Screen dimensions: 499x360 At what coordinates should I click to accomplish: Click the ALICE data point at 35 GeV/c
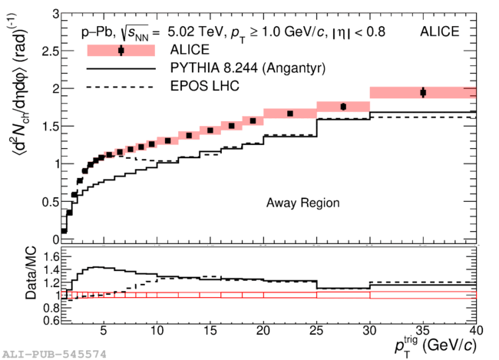pyautogui.click(x=423, y=93)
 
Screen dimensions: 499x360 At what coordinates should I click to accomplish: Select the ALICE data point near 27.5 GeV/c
pyautogui.click(x=343, y=107)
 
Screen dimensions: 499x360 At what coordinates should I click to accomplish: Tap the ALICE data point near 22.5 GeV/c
pyautogui.click(x=290, y=114)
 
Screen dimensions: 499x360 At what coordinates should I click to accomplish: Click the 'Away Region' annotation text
pyautogui.click(x=302, y=203)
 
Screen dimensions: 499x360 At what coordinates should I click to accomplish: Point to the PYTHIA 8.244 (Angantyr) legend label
pyautogui.click(x=248, y=68)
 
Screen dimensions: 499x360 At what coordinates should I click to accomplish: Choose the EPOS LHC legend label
pyautogui.click(x=205, y=86)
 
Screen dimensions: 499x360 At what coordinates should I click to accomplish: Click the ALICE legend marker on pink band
pyautogui.click(x=121, y=51)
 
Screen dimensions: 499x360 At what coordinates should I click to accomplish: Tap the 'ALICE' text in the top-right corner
pyautogui.click(x=439, y=31)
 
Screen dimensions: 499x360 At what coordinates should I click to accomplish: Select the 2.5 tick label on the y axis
pyautogui.click(x=51, y=51)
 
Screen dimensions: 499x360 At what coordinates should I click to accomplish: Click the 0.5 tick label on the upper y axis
pyautogui.click(x=51, y=202)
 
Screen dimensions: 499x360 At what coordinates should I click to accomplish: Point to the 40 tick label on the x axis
pyautogui.click(x=476, y=331)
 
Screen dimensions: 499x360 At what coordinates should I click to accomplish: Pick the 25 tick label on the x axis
pyautogui.click(x=316, y=331)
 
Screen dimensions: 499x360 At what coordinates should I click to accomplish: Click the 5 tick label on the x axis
pyautogui.click(x=104, y=331)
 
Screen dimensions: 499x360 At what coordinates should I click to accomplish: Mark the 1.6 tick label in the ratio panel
pyautogui.click(x=51, y=256)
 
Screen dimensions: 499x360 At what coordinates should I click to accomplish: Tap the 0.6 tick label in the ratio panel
pyautogui.click(x=51, y=319)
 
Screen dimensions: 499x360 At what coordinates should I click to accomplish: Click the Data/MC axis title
pyautogui.click(x=31, y=273)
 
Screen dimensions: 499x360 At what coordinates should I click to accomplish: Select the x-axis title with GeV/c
pyautogui.click(x=435, y=346)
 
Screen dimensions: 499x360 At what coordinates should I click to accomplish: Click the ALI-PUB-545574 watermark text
pyautogui.click(x=55, y=355)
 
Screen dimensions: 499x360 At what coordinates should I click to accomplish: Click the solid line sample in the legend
pyautogui.click(x=121, y=69)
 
